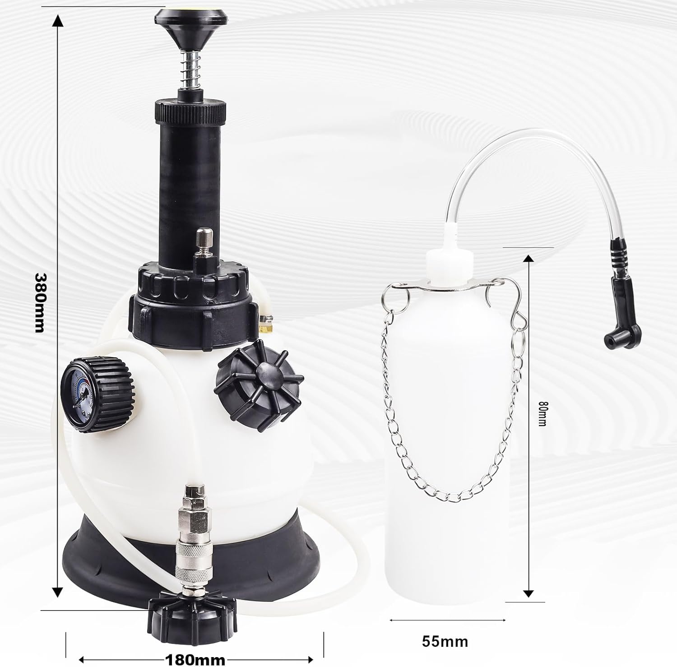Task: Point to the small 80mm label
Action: point(543,414)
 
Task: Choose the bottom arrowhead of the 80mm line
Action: point(529,593)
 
